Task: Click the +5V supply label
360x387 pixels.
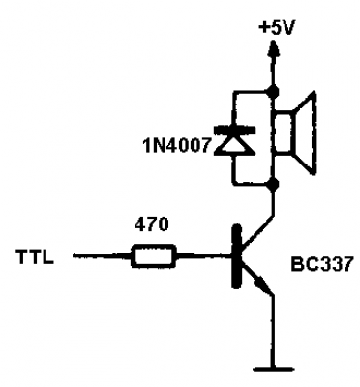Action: coord(277,28)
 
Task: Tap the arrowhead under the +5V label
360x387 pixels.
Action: coord(274,48)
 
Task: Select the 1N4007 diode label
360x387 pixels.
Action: coord(178,146)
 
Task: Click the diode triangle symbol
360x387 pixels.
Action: coord(235,144)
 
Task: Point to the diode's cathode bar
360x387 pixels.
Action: coord(235,131)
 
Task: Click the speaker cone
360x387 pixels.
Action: coord(304,134)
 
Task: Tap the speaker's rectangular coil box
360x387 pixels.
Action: coord(284,133)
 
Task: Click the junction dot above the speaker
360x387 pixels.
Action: coord(274,92)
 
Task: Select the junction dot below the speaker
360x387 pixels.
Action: coord(274,185)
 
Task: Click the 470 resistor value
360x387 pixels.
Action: coord(152,224)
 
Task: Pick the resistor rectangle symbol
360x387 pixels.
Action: coord(154,256)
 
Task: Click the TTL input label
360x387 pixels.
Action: coord(35,256)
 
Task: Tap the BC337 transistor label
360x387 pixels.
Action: coord(321,264)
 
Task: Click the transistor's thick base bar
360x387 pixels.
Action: coord(237,256)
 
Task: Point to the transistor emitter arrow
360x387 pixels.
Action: coord(262,284)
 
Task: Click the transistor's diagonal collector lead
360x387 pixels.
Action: coord(258,232)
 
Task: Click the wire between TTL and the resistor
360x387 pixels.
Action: coord(103,256)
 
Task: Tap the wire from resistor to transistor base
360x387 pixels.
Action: coord(204,256)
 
